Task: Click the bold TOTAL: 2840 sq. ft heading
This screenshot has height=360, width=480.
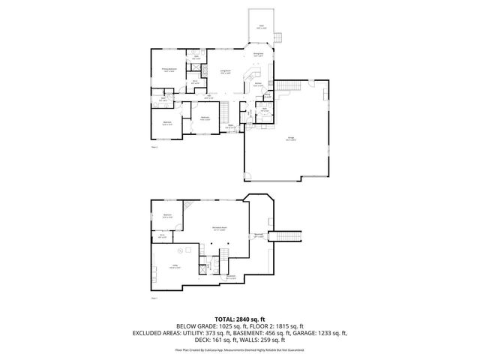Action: (x=240, y=319)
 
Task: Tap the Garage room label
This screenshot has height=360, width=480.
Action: (x=289, y=139)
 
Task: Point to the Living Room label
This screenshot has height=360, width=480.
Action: (x=225, y=72)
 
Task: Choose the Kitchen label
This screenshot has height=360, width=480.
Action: (x=258, y=85)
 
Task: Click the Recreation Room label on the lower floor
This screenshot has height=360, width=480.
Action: (x=220, y=229)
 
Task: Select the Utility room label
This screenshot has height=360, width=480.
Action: (x=174, y=267)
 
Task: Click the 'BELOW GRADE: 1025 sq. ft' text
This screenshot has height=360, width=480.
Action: (x=197, y=326)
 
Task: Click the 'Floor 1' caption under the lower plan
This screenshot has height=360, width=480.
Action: (x=154, y=298)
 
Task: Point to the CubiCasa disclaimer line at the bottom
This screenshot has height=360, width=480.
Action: (x=240, y=349)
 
